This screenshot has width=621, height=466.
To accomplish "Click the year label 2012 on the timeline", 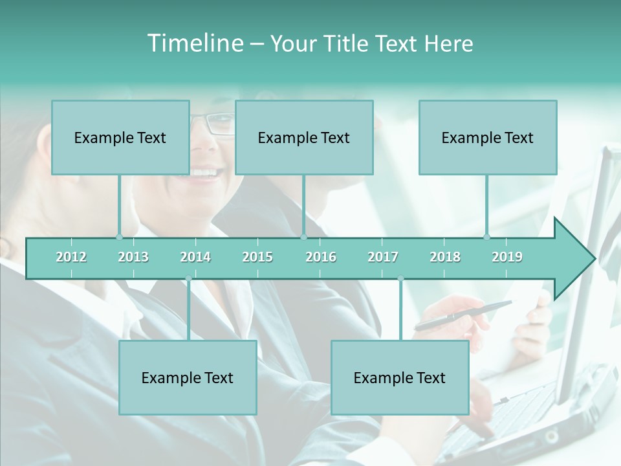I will point(71,257).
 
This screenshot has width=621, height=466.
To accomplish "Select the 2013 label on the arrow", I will point(133,257).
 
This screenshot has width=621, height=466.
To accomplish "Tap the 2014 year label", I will point(195,257).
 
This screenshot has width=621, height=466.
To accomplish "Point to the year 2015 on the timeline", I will point(257,257).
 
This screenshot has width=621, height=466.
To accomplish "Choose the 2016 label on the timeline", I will point(321,257).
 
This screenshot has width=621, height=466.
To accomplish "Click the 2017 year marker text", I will point(383,257).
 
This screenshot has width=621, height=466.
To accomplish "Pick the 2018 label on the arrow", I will point(445,257).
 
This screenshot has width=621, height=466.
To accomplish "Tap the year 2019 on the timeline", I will point(507,257).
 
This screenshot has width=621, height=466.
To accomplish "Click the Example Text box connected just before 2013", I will point(120,137).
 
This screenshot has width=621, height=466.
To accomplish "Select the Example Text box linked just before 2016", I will point(304,137).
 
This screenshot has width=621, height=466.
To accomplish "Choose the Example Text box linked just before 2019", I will point(488,137).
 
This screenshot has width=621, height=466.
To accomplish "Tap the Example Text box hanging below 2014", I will point(188,377).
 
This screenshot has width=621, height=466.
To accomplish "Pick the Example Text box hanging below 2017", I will point(400,377).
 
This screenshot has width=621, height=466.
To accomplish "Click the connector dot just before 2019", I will point(487,237).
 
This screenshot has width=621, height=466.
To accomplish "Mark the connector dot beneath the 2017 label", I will point(400,278).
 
